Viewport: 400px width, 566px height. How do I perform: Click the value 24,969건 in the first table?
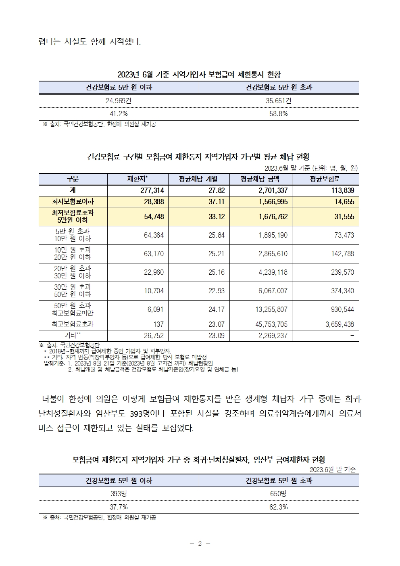119,101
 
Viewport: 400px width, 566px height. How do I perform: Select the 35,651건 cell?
278,101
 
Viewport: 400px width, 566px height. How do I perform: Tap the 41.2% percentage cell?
119,114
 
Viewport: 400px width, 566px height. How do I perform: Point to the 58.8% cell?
278,114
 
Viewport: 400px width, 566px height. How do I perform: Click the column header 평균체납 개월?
198,179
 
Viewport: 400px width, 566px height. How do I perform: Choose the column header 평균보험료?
325,179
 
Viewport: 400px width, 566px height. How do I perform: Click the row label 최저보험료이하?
73,202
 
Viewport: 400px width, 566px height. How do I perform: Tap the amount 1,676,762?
273,217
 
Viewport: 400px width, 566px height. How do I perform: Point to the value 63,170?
154,254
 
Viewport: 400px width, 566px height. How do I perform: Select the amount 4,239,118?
273,272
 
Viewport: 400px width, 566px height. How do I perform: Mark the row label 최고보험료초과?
73,324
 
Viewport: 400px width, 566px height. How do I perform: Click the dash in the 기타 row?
352,335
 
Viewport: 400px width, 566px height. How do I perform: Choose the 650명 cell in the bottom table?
278,494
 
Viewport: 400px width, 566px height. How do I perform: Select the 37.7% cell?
119,507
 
